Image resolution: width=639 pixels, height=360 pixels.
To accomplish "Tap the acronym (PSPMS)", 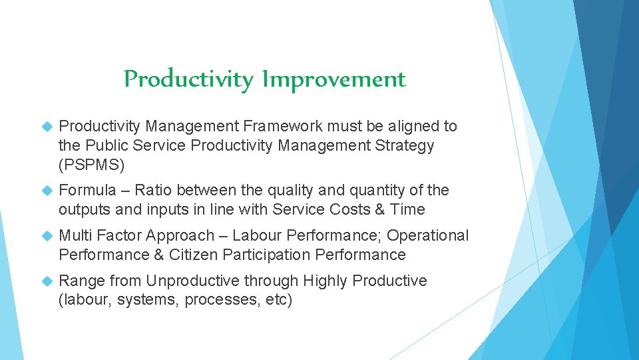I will click(91, 164).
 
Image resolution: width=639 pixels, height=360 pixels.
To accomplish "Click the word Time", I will click(407, 209).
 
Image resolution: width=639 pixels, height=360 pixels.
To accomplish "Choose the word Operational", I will click(427, 235).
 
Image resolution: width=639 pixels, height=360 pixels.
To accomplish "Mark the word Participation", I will click(267, 255).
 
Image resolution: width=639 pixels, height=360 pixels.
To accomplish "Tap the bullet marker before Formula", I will click(47, 191).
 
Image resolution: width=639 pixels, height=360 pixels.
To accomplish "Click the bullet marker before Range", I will click(47, 281).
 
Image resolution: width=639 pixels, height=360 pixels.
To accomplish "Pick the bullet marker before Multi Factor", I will click(47, 236).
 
